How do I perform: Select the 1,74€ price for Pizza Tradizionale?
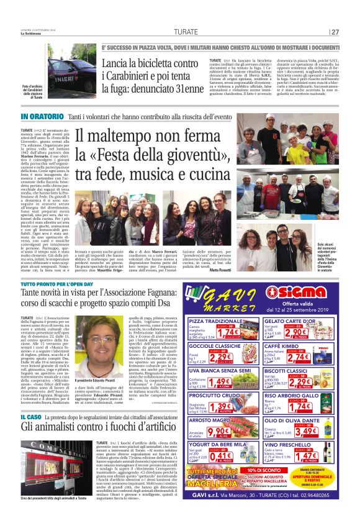[x=228, y=332]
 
